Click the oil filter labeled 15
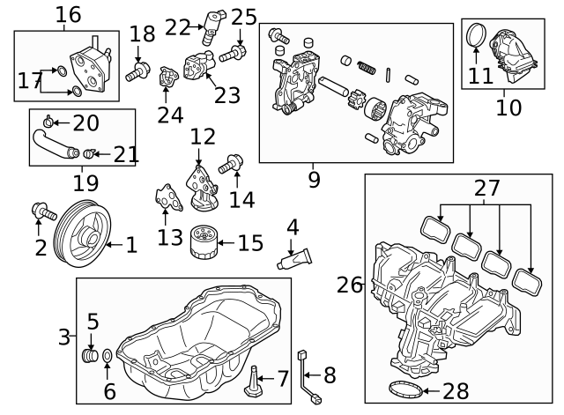(204, 242)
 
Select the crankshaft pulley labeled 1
(82, 233)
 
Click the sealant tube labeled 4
(294, 259)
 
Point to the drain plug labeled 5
(90, 356)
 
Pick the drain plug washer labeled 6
(108, 356)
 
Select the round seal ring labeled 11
(476, 35)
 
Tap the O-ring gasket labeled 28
(405, 389)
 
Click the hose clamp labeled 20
(48, 122)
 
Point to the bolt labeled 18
(137, 71)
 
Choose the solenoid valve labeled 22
(212, 27)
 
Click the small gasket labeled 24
(168, 77)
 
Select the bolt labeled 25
(233, 53)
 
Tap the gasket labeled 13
(168, 197)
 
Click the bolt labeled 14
(231, 164)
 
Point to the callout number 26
(350, 285)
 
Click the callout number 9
(314, 180)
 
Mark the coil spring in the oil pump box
(367, 68)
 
